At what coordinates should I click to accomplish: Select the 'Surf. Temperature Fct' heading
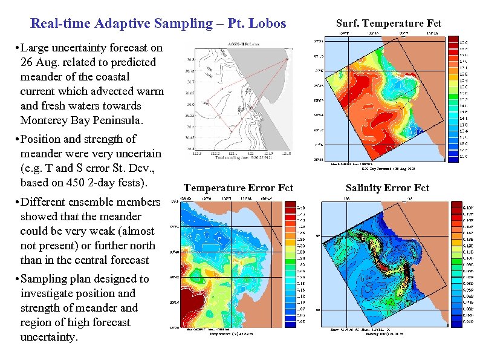coord(389,24)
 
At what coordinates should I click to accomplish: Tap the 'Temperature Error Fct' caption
coord(238,188)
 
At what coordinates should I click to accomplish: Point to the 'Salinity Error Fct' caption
coord(387,188)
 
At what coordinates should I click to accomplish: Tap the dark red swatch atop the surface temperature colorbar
coord(452,40)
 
